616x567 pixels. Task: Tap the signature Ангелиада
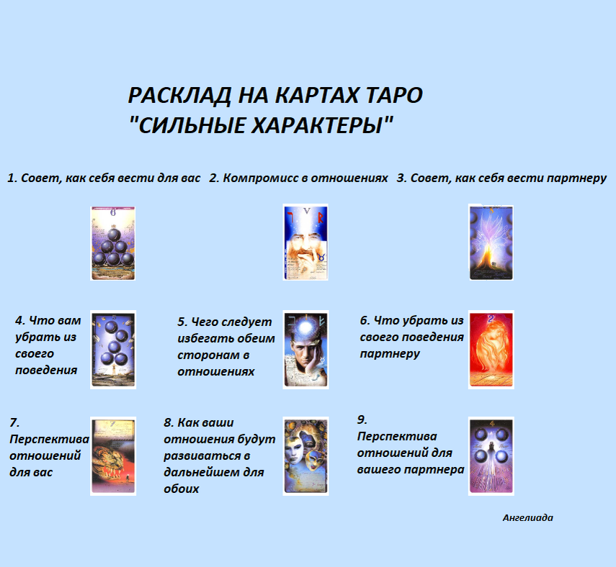click(528, 517)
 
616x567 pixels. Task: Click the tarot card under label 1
click(113, 243)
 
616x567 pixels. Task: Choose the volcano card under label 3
click(491, 242)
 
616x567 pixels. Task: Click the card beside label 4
click(113, 350)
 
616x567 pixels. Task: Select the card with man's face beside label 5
click(305, 350)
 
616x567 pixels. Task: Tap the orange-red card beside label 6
click(491, 350)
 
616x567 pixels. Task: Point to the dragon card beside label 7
click(113, 456)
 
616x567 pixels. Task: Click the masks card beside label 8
click(305, 456)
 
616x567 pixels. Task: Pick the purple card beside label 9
click(491, 456)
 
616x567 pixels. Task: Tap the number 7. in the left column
click(15, 422)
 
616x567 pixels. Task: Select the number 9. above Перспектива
click(363, 419)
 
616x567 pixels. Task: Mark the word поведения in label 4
click(46, 370)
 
